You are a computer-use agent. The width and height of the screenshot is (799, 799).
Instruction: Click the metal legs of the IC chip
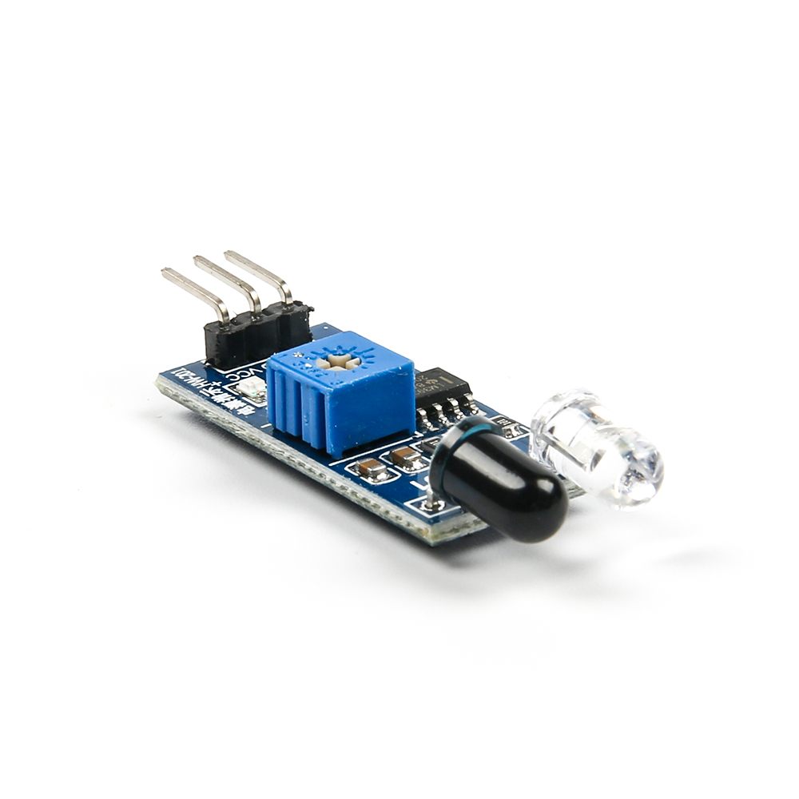click(x=447, y=412)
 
